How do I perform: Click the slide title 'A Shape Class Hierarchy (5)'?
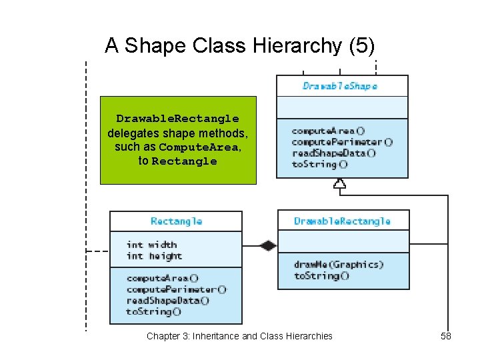[x=239, y=45]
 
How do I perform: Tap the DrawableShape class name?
[x=340, y=86]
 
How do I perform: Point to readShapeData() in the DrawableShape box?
[x=333, y=153]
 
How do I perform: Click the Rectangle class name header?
[x=176, y=221]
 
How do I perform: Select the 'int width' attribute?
[x=151, y=245]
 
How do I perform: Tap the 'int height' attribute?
[x=154, y=256]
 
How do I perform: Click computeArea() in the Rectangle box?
[x=162, y=278]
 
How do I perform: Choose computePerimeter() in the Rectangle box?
[x=176, y=289]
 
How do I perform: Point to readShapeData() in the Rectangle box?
[x=167, y=301]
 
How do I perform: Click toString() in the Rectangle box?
[x=153, y=311]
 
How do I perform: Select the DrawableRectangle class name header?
[x=342, y=221]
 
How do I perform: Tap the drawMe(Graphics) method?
[x=339, y=265]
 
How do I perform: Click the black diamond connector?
[x=267, y=245]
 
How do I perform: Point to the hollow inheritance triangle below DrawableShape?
[x=340, y=184]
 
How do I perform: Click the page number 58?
[x=446, y=336]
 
